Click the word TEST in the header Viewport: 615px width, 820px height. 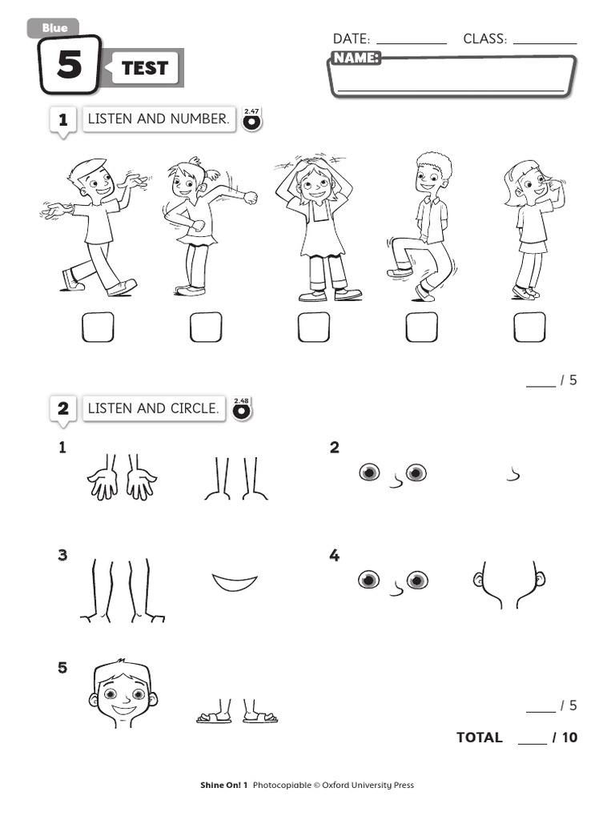click(145, 68)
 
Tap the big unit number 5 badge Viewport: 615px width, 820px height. click(70, 64)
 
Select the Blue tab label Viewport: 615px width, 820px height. click(55, 28)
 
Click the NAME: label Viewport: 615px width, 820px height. click(356, 58)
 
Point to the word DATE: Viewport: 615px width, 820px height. click(352, 38)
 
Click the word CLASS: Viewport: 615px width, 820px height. click(484, 38)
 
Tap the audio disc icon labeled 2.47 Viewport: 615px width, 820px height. click(251, 120)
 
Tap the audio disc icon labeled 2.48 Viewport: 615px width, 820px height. click(242, 409)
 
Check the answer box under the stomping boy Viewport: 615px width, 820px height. click(421, 328)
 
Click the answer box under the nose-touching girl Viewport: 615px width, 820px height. click(529, 328)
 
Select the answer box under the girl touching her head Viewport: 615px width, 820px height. click(314, 328)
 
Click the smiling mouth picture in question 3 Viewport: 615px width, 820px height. click(235, 582)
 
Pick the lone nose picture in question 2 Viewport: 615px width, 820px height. click(513, 474)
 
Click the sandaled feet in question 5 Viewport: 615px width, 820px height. click(237, 712)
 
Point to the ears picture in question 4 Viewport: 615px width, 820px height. click(508, 585)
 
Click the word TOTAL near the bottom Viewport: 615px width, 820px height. click(479, 738)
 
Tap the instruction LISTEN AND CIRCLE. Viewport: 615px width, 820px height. click(153, 408)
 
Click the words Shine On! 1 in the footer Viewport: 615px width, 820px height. click(224, 785)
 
